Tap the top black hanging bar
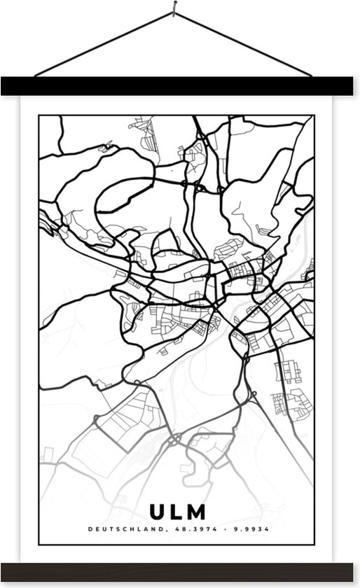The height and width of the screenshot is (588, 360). (x=180, y=87)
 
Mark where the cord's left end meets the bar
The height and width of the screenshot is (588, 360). (x=35, y=76)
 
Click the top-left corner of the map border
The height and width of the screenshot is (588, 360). (x=39, y=116)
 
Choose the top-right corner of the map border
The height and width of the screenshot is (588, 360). (x=314, y=116)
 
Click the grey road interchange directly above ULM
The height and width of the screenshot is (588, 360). (x=175, y=440)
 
